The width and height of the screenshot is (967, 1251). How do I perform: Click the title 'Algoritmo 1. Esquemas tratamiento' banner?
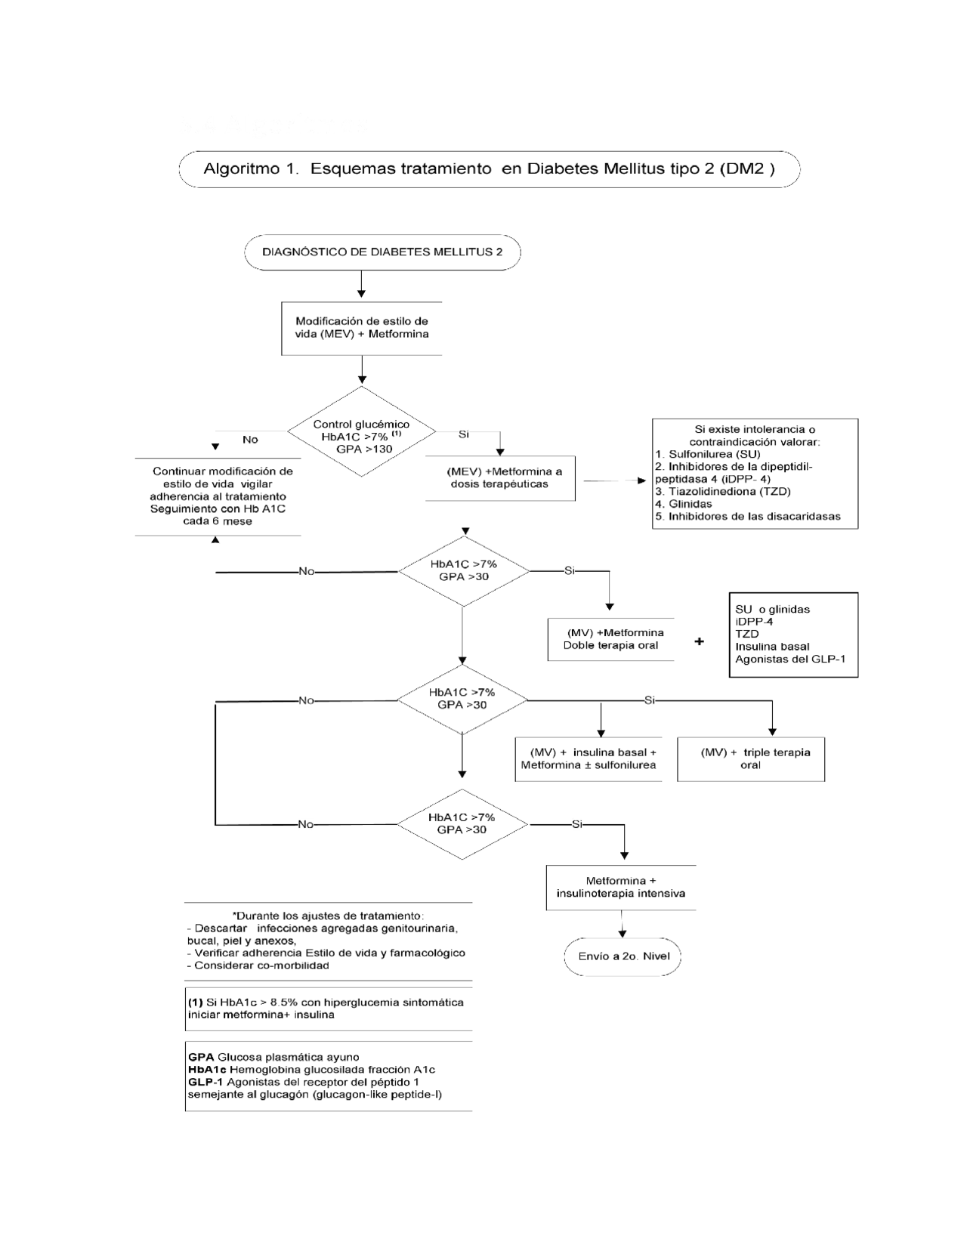[489, 169]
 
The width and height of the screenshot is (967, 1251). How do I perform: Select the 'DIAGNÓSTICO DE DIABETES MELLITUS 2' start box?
[382, 252]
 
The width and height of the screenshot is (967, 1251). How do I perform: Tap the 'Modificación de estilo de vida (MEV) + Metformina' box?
[361, 328]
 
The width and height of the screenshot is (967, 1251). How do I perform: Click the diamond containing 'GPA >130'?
[361, 432]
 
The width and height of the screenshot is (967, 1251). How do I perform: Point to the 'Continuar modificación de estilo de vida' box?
[218, 496]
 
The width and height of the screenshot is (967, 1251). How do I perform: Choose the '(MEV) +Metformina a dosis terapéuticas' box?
[499, 478]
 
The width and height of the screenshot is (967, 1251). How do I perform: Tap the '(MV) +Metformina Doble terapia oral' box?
[610, 639]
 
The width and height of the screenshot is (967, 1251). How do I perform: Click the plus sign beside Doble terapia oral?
[700, 641]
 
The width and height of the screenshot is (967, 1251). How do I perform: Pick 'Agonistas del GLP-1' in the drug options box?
[790, 659]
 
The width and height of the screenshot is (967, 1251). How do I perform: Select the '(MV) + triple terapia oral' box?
[750, 758]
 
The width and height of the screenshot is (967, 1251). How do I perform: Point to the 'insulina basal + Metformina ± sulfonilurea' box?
[589, 758]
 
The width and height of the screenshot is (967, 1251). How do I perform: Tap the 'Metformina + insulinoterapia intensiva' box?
[620, 887]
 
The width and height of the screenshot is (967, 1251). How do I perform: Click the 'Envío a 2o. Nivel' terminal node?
[623, 956]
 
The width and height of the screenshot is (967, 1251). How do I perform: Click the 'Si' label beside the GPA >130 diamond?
[463, 434]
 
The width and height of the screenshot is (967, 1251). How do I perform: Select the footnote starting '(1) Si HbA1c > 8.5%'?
[326, 1009]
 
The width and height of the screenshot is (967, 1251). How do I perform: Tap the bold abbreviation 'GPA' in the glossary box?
[201, 1057]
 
